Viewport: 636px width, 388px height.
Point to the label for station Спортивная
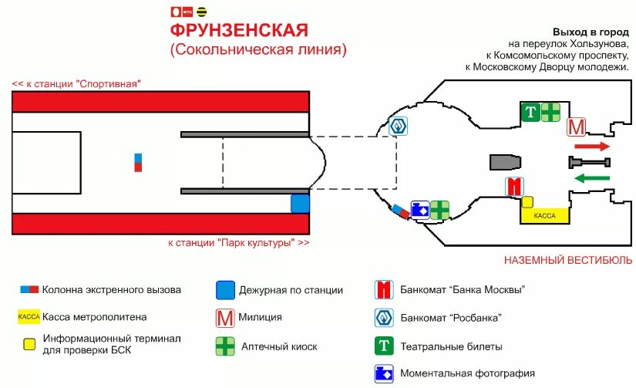pos(77,83)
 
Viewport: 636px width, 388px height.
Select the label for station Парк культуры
pos(239,243)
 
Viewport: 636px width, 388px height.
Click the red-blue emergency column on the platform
pos(138,162)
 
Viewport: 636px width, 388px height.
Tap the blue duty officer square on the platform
pos(300,204)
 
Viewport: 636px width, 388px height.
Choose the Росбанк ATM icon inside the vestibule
pos(398,127)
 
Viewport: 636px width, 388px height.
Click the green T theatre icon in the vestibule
pos(530,112)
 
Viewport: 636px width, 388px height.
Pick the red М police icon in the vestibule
pos(576,127)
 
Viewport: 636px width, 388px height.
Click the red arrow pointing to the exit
pos(592,146)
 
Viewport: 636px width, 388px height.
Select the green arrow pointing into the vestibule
pos(592,179)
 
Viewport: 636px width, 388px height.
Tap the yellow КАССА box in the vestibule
pos(545,217)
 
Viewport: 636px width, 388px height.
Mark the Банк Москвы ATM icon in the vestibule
pos(514,187)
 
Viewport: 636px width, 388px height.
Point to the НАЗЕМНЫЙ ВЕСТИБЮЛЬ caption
pos(568,261)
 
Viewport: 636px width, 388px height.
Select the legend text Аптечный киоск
pos(278,346)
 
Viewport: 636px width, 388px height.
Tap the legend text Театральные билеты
pos(451,346)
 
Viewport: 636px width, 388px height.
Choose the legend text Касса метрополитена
pos(95,316)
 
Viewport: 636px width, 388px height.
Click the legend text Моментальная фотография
pos(467,373)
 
